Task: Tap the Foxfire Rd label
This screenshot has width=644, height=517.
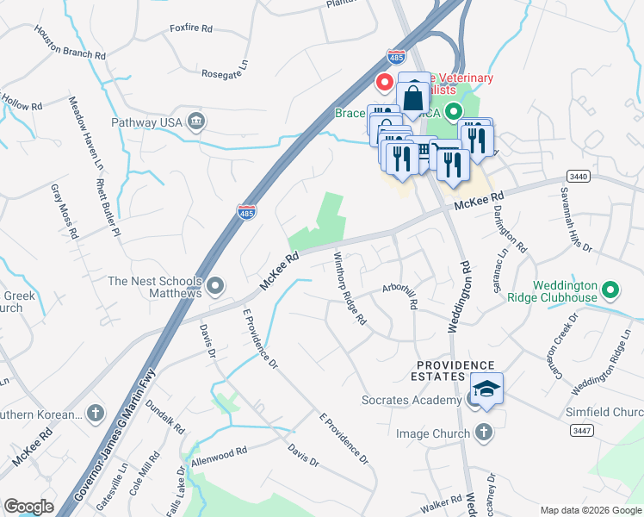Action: (191, 28)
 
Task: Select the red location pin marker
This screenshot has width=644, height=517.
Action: (385, 82)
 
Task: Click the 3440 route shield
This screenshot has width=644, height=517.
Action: (579, 176)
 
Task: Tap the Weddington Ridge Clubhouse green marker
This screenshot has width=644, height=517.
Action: (610, 290)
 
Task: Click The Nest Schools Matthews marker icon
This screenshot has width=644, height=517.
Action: (215, 284)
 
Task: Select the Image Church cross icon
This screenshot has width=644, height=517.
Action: (483, 433)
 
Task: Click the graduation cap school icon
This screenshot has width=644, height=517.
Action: (487, 390)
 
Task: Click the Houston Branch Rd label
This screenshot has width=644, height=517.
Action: (71, 42)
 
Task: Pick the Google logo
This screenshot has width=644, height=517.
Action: (28, 507)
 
